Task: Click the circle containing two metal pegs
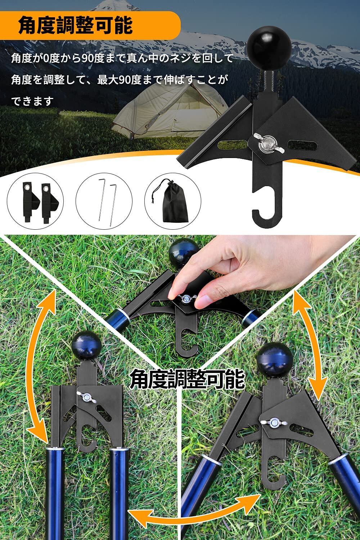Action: pyautogui.click(x=104, y=201)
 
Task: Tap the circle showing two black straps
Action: pyautogui.click(x=35, y=201)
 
